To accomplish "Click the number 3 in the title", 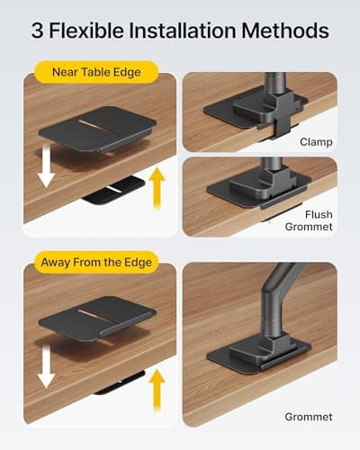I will click(39, 32).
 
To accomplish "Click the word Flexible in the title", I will click(87, 32).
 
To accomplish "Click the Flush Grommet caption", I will click(316, 220).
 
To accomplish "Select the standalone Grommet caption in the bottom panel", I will click(308, 417).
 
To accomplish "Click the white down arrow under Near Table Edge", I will click(45, 166).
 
